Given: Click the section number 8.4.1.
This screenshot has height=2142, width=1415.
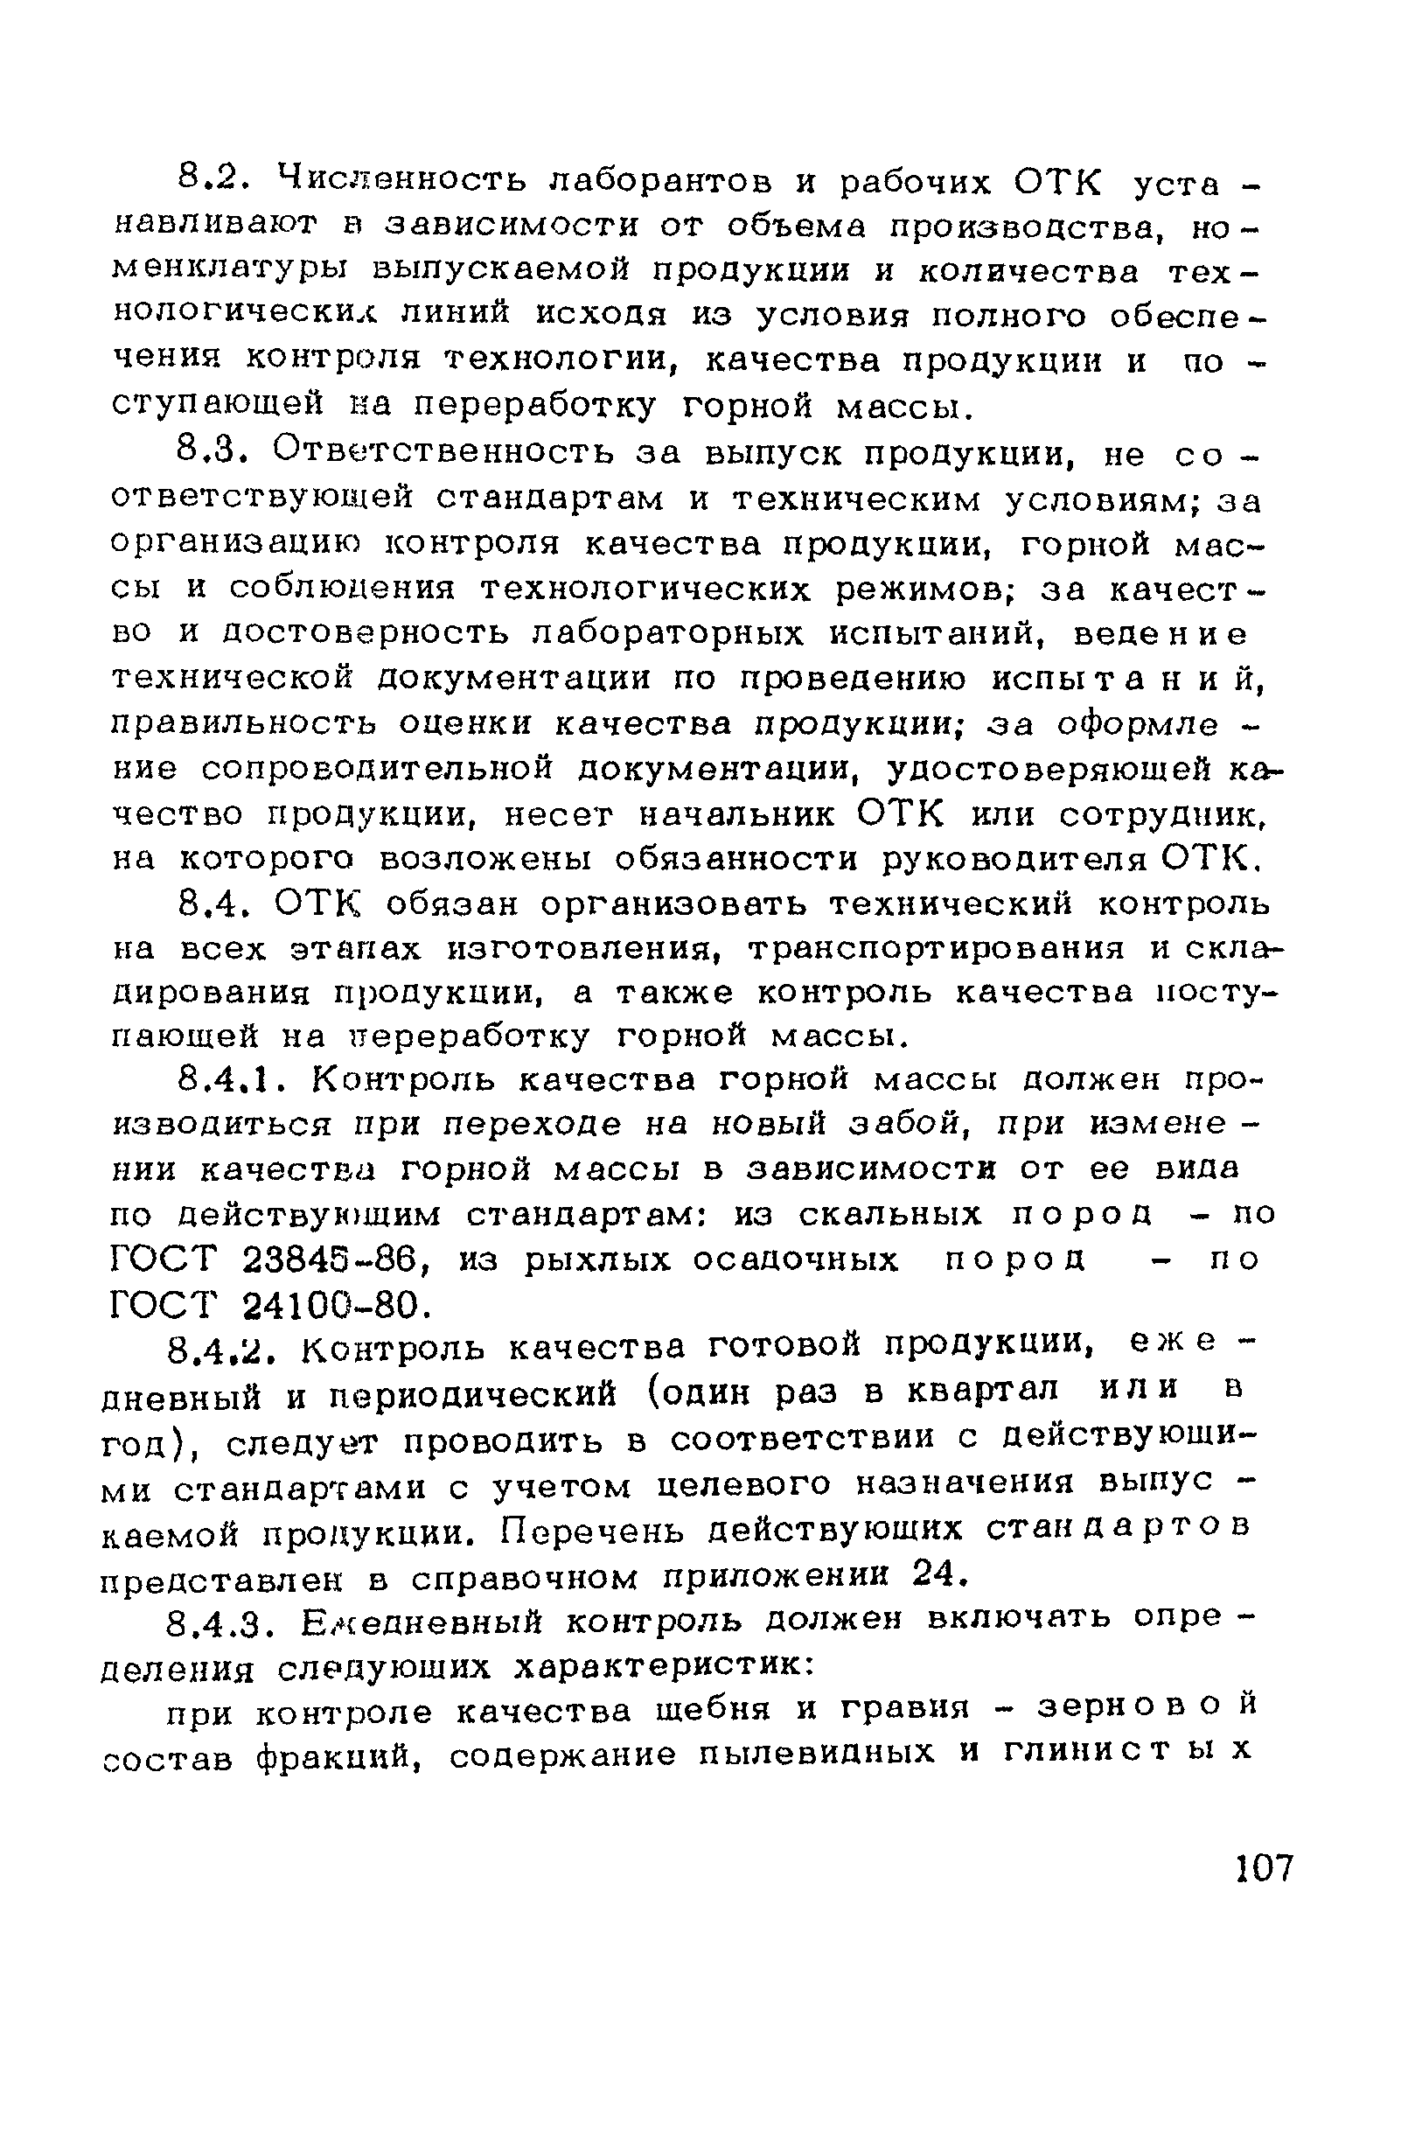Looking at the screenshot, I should click(235, 1078).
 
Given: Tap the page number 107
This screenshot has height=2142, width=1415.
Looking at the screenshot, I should click(1264, 1866).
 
